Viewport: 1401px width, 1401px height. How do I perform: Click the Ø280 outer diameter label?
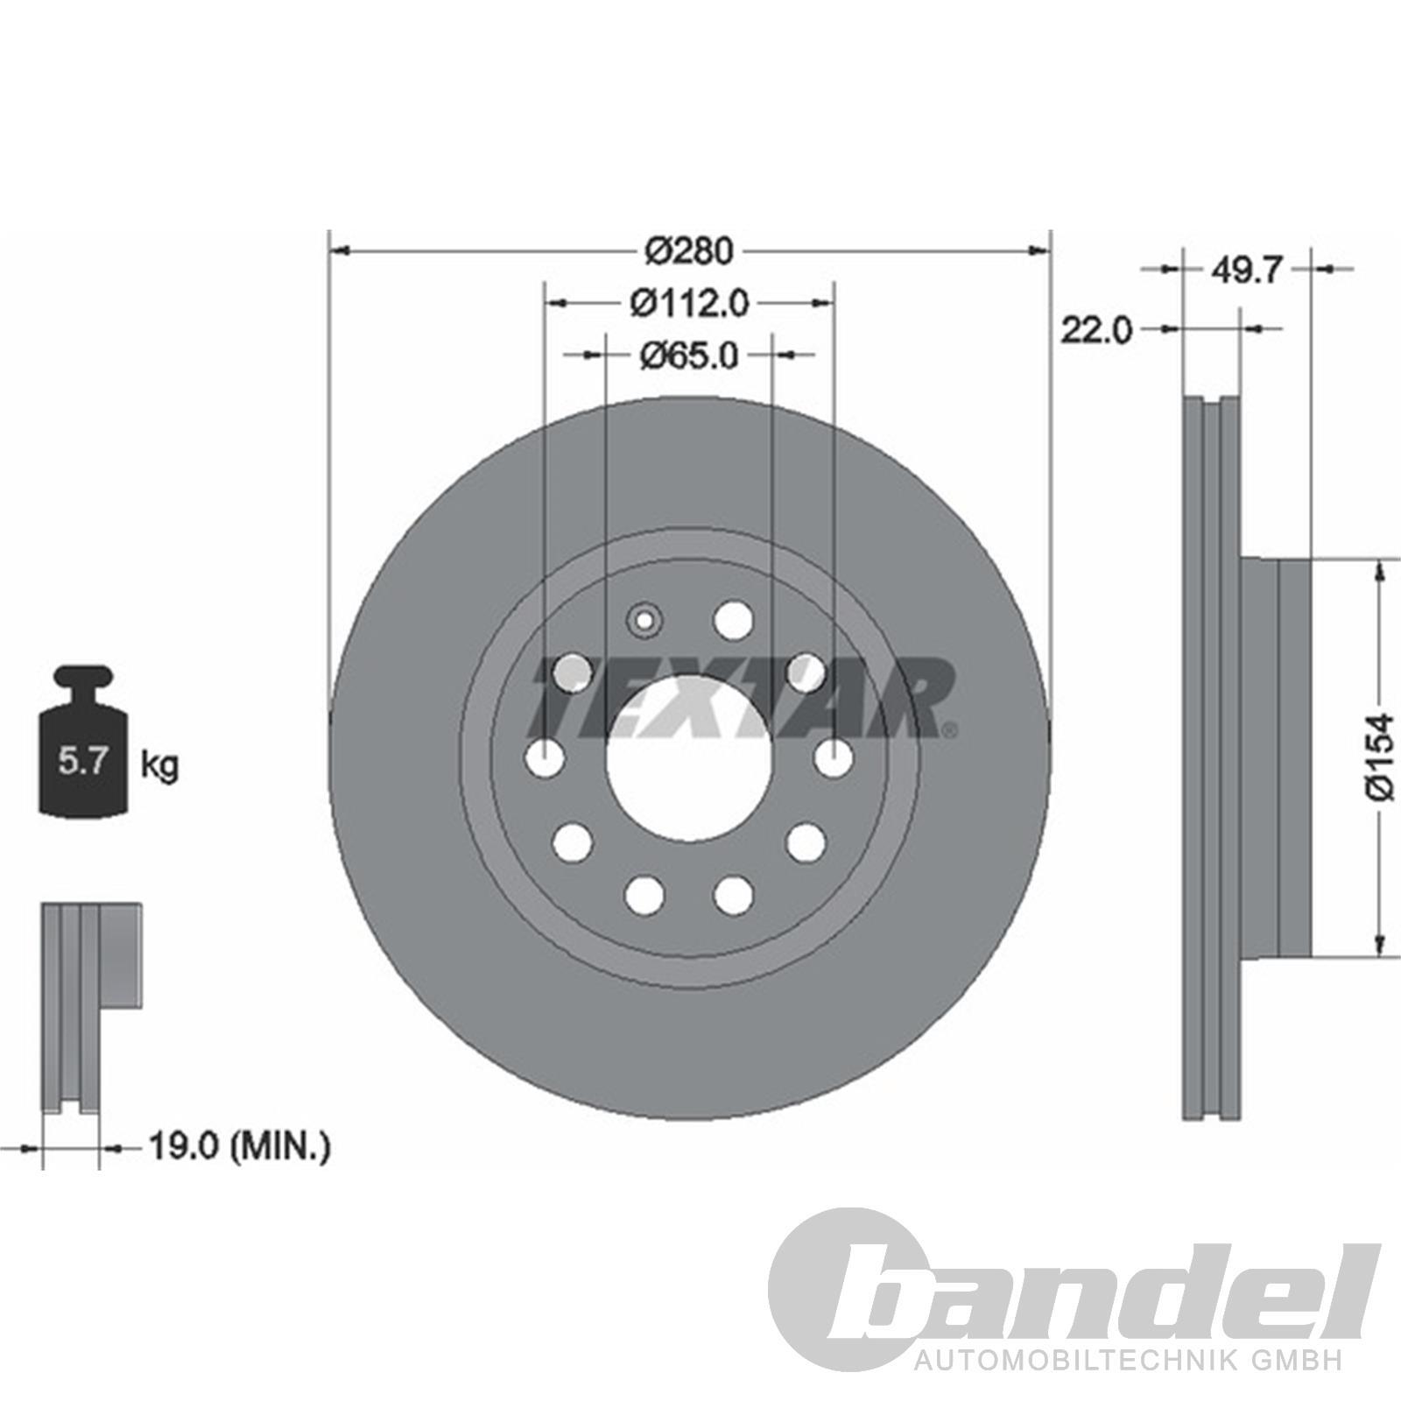688,251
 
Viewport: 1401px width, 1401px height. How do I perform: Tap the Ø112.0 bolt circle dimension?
689,303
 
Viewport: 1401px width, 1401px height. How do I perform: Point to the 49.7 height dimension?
1247,271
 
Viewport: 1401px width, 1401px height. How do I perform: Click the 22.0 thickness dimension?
1097,330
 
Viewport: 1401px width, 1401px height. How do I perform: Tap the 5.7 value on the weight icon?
82,761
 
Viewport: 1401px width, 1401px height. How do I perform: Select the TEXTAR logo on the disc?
744,697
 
